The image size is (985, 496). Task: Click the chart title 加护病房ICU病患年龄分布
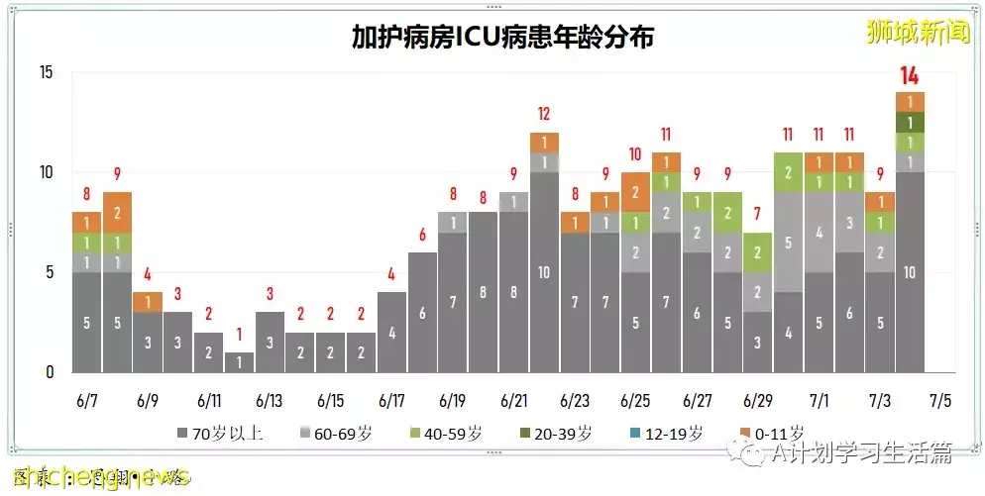[502, 37]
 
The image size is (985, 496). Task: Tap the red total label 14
[910, 75]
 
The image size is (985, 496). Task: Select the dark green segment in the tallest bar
[910, 122]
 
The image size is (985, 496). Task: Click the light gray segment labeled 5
[788, 242]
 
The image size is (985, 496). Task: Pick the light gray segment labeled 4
[818, 233]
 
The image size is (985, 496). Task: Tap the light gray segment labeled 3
[849, 223]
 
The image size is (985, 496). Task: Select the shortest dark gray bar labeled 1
[239, 362]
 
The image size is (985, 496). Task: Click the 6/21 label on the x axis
[513, 401]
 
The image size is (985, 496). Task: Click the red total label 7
[757, 214]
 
